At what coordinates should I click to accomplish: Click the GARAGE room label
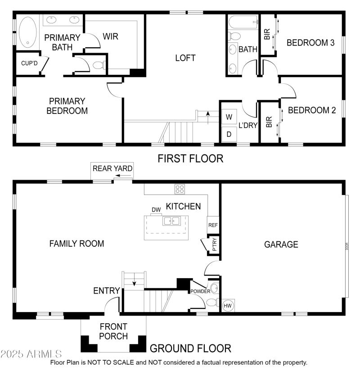coord(281,244)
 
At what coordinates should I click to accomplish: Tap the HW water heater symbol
coord(228,305)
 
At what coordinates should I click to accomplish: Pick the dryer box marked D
coord(229,134)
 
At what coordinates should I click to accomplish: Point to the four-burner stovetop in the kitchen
coord(180,189)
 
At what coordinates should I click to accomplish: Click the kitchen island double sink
coord(171,221)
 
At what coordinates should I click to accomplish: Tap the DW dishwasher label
coord(156,210)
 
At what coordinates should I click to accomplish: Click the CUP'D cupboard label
coord(29,63)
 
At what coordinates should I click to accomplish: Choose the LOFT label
coord(185,58)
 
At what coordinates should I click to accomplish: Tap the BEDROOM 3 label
coord(310,43)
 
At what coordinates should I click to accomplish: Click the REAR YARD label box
coord(112,168)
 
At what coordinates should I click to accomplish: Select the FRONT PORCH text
coord(113,331)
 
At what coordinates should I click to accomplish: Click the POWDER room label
coord(200,291)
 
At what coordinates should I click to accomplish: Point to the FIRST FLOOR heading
coord(190,158)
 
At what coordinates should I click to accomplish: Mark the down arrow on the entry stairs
coord(134,282)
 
